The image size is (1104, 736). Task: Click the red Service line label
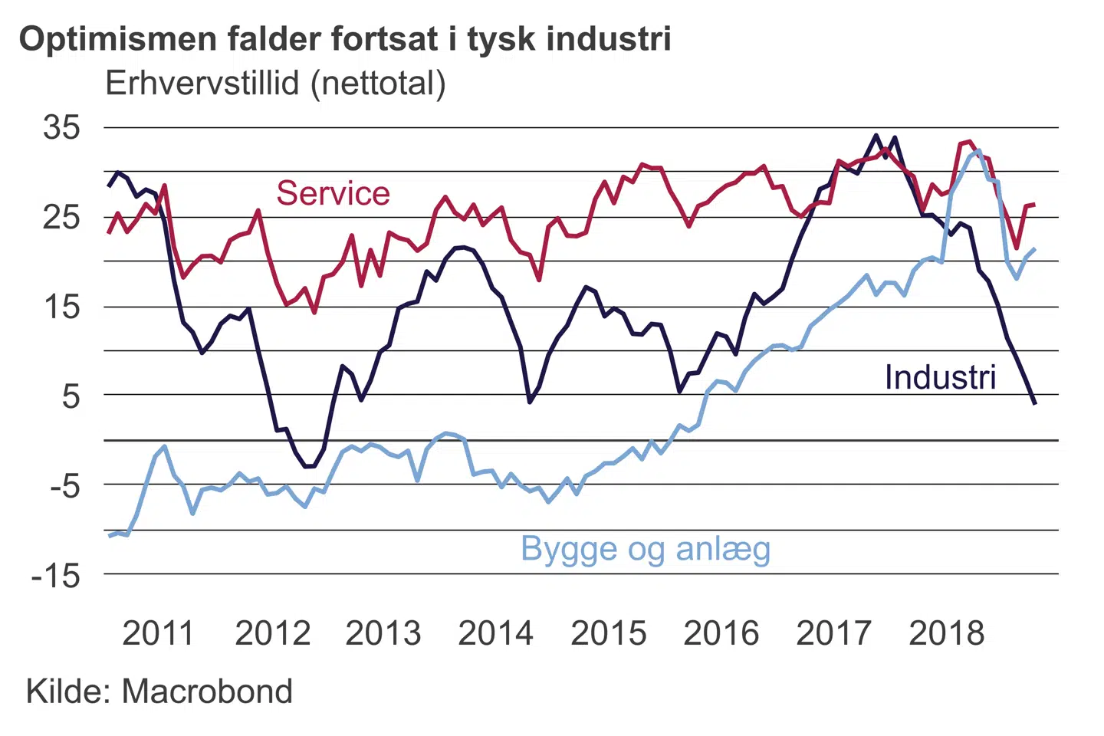coord(333,193)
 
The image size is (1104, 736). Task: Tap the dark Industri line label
coord(940,377)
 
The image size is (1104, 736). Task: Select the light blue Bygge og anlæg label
coord(646,549)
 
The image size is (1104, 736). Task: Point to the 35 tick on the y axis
coord(61,127)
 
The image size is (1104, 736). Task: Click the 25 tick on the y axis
coord(61,217)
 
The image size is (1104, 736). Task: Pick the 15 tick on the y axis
coord(61,307)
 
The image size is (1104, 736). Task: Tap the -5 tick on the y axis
coord(65,485)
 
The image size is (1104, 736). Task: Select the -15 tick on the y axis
coord(56,575)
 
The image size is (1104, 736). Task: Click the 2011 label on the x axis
coord(158,633)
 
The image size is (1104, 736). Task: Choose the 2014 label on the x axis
coord(495,633)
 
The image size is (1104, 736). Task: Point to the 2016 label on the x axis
coord(721,633)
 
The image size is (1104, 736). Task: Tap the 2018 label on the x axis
coord(946,633)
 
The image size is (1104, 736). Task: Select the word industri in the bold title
coord(609,39)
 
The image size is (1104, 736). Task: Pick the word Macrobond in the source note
coord(207,692)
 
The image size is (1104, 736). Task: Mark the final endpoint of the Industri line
coord(1035,403)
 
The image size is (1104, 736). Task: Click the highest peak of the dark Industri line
coord(876,136)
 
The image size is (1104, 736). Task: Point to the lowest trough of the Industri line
coord(309,466)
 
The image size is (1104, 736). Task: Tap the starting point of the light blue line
coord(110,536)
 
